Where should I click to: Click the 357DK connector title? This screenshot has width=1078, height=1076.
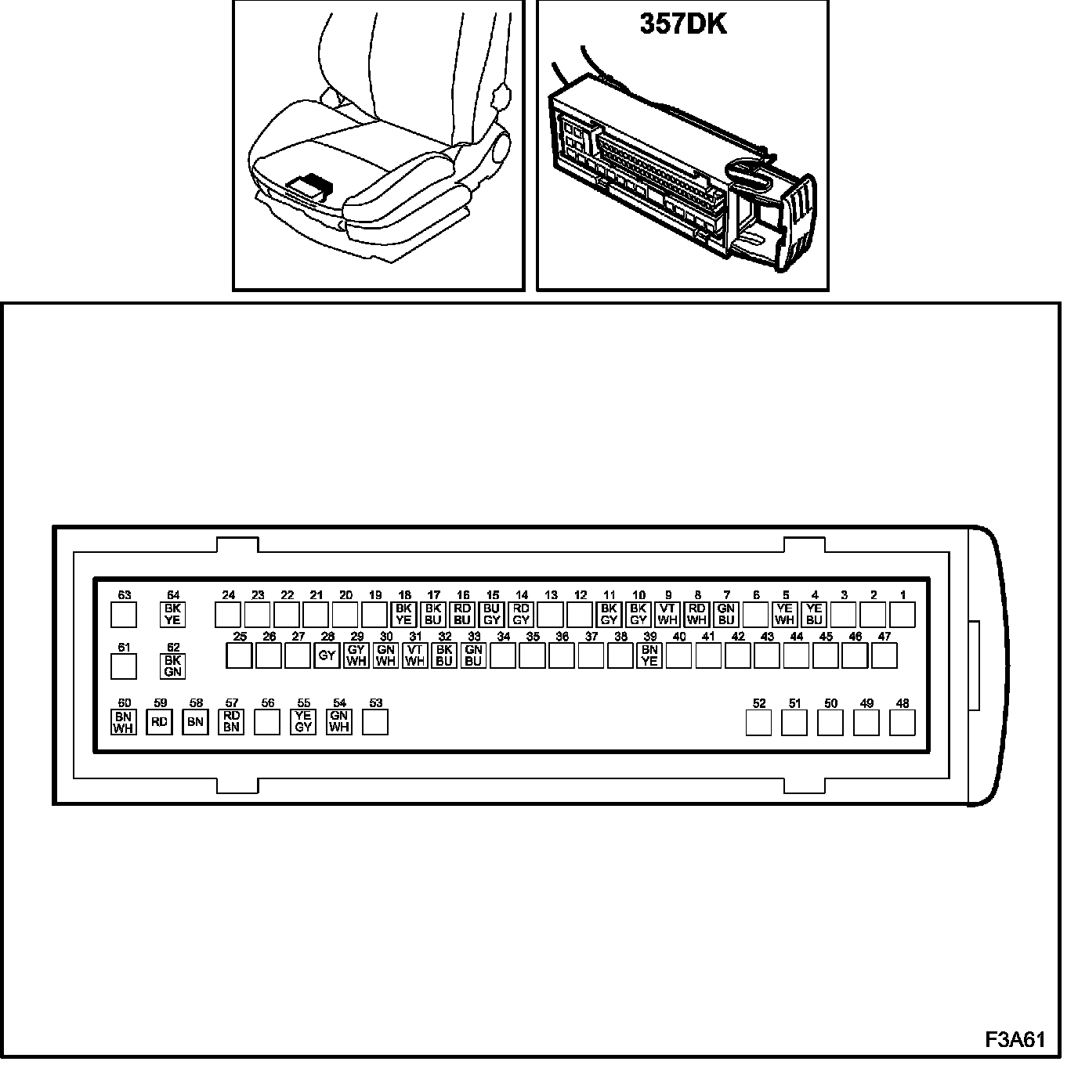[682, 24]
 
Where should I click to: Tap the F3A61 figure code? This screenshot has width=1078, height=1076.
[1015, 1039]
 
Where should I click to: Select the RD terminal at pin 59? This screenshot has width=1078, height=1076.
[159, 722]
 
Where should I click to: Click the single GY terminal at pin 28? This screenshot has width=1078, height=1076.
[327, 655]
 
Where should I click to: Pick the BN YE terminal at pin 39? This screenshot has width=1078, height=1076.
[649, 655]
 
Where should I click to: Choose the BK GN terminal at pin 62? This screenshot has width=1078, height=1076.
[172, 666]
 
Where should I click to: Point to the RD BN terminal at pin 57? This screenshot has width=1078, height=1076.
[231, 722]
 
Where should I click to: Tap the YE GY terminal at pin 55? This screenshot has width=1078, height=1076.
[303, 722]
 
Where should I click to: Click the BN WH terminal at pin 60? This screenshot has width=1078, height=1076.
[123, 722]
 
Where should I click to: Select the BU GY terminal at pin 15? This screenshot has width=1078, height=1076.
[491, 615]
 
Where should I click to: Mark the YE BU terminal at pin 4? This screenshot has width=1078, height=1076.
[814, 615]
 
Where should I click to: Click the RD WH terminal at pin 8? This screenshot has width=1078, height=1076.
[696, 615]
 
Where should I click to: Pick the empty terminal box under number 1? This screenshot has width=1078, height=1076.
[903, 615]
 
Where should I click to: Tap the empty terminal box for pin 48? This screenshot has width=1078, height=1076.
[903, 723]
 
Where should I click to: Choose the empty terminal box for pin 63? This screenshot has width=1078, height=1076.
[124, 615]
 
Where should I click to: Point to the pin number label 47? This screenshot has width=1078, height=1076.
[884, 637]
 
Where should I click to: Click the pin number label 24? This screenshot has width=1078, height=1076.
[228, 595]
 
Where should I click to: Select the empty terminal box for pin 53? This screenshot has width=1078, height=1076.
[375, 722]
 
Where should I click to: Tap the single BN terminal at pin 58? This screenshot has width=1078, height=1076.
[195, 722]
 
